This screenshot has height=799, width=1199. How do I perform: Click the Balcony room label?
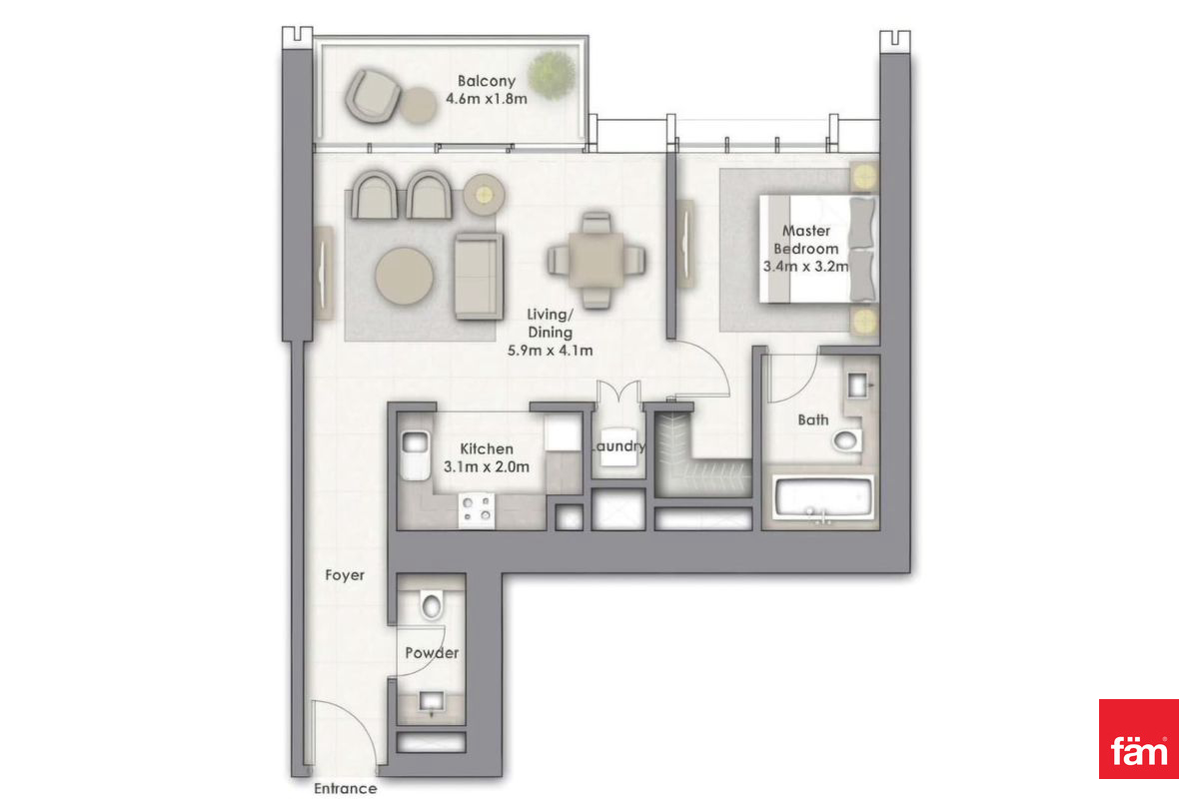486,81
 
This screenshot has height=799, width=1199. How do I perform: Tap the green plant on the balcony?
553,75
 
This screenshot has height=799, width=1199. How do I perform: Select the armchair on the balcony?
373,96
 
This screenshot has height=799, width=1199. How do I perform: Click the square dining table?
597,261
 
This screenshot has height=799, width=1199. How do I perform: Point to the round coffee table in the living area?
404,276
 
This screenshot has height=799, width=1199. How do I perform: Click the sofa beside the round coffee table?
479,276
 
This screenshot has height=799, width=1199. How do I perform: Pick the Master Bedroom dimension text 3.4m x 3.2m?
805,266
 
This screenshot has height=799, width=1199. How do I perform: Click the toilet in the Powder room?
431,605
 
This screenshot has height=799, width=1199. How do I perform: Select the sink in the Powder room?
432,701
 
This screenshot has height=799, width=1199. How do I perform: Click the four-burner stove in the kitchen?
477,509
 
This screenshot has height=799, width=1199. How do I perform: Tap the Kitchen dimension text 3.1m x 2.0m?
486,466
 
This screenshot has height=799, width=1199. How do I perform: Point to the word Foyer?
345,575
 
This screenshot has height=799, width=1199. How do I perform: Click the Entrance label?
346,788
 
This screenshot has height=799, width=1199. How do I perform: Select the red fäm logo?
1138,738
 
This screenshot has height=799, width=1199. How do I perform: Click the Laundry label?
617,445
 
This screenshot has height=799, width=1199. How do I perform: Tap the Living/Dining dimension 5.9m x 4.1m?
550,351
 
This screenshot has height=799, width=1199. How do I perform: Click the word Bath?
813,420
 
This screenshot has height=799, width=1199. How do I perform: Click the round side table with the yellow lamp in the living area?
484,195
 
